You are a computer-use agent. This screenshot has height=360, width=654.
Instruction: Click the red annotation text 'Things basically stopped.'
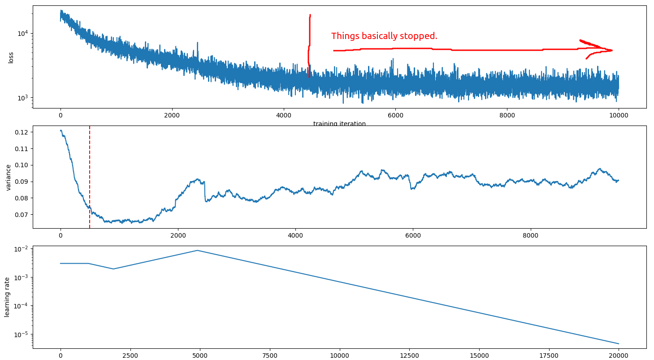(x=384, y=36)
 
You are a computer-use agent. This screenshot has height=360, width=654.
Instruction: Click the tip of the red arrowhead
(x=612, y=50)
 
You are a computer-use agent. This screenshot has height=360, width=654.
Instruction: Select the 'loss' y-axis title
(x=11, y=57)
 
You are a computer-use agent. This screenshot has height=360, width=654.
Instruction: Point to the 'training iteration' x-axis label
(x=339, y=124)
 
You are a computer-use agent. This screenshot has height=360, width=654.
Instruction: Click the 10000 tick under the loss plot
(x=619, y=116)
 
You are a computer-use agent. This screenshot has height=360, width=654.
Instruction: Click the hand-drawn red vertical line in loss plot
(x=309, y=45)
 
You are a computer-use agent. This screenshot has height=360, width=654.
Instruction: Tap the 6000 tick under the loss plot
(x=395, y=116)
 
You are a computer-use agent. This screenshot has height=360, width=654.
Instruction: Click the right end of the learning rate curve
(x=619, y=344)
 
